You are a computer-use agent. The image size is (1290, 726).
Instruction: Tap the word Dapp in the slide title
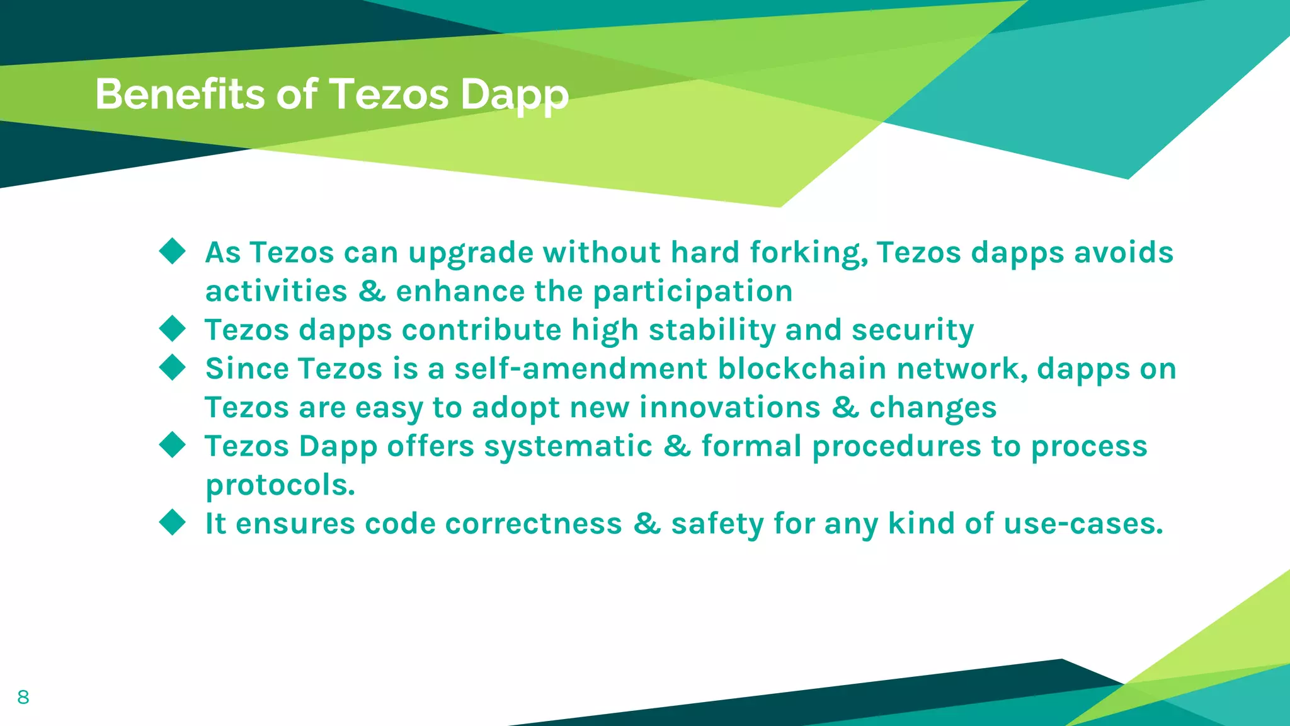click(x=514, y=96)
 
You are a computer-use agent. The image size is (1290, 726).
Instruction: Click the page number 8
click(x=23, y=697)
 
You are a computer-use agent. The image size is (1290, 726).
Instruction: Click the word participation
click(x=693, y=292)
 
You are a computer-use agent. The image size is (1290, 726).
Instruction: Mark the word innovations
click(x=730, y=408)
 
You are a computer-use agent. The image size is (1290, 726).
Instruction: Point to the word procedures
click(x=897, y=446)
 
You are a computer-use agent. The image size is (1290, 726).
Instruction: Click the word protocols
click(x=280, y=486)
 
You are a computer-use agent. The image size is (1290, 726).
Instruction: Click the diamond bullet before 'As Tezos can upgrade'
click(x=173, y=251)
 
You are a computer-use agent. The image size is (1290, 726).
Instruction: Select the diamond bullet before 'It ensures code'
click(x=173, y=522)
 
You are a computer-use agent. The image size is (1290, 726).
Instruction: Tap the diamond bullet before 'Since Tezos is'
click(x=173, y=367)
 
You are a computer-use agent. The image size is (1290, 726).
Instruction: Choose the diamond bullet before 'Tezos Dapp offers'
click(x=173, y=445)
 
